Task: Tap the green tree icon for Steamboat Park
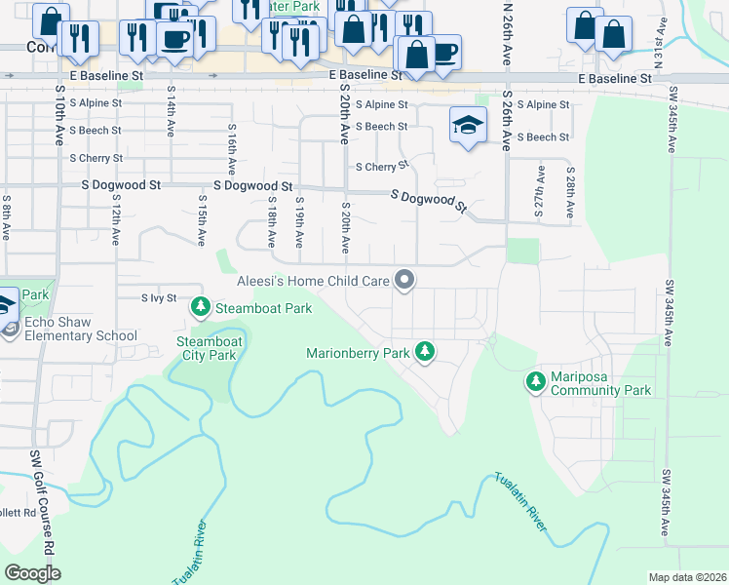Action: tap(201, 307)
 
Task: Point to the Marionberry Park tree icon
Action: tap(424, 351)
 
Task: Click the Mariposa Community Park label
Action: tap(600, 383)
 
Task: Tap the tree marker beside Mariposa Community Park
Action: tap(535, 381)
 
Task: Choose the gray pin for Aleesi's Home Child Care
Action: tap(405, 281)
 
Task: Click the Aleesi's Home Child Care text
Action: tap(313, 281)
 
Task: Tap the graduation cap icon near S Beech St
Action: tap(468, 126)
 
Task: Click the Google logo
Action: tap(32, 573)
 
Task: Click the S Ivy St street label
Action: tap(159, 297)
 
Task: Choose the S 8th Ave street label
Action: tap(6, 219)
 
